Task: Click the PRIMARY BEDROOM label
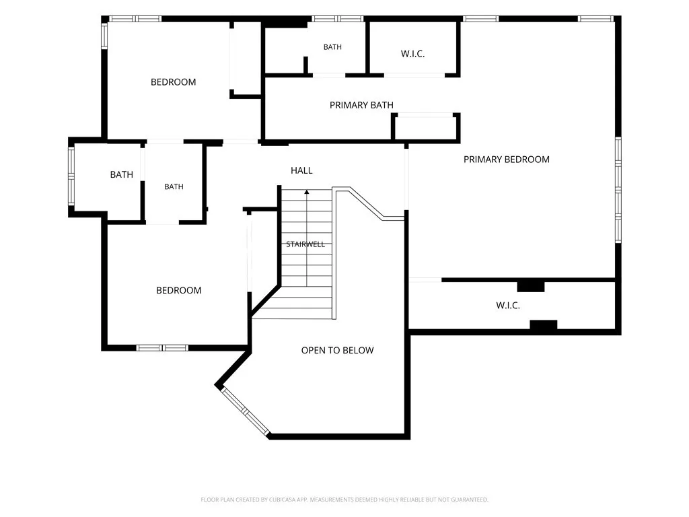pos(506,160)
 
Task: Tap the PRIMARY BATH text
pos(361,105)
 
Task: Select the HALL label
pos(301,170)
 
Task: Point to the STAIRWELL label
pos(305,244)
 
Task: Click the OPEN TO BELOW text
pos(338,350)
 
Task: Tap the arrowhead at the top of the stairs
pos(307,192)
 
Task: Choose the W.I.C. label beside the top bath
pos(412,54)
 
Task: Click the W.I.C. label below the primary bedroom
pos(508,306)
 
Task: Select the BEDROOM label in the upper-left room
pos(173,82)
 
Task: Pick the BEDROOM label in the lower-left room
pos(179,291)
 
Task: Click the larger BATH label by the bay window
pos(121,174)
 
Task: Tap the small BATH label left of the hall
pos(174,187)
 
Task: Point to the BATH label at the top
pos(332,47)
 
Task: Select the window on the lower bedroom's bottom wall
pos(162,348)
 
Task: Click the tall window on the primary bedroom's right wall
pos(618,189)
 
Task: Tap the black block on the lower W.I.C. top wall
pos(531,286)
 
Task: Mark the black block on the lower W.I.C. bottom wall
pos(544,325)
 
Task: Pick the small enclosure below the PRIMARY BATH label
pos(425,128)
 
